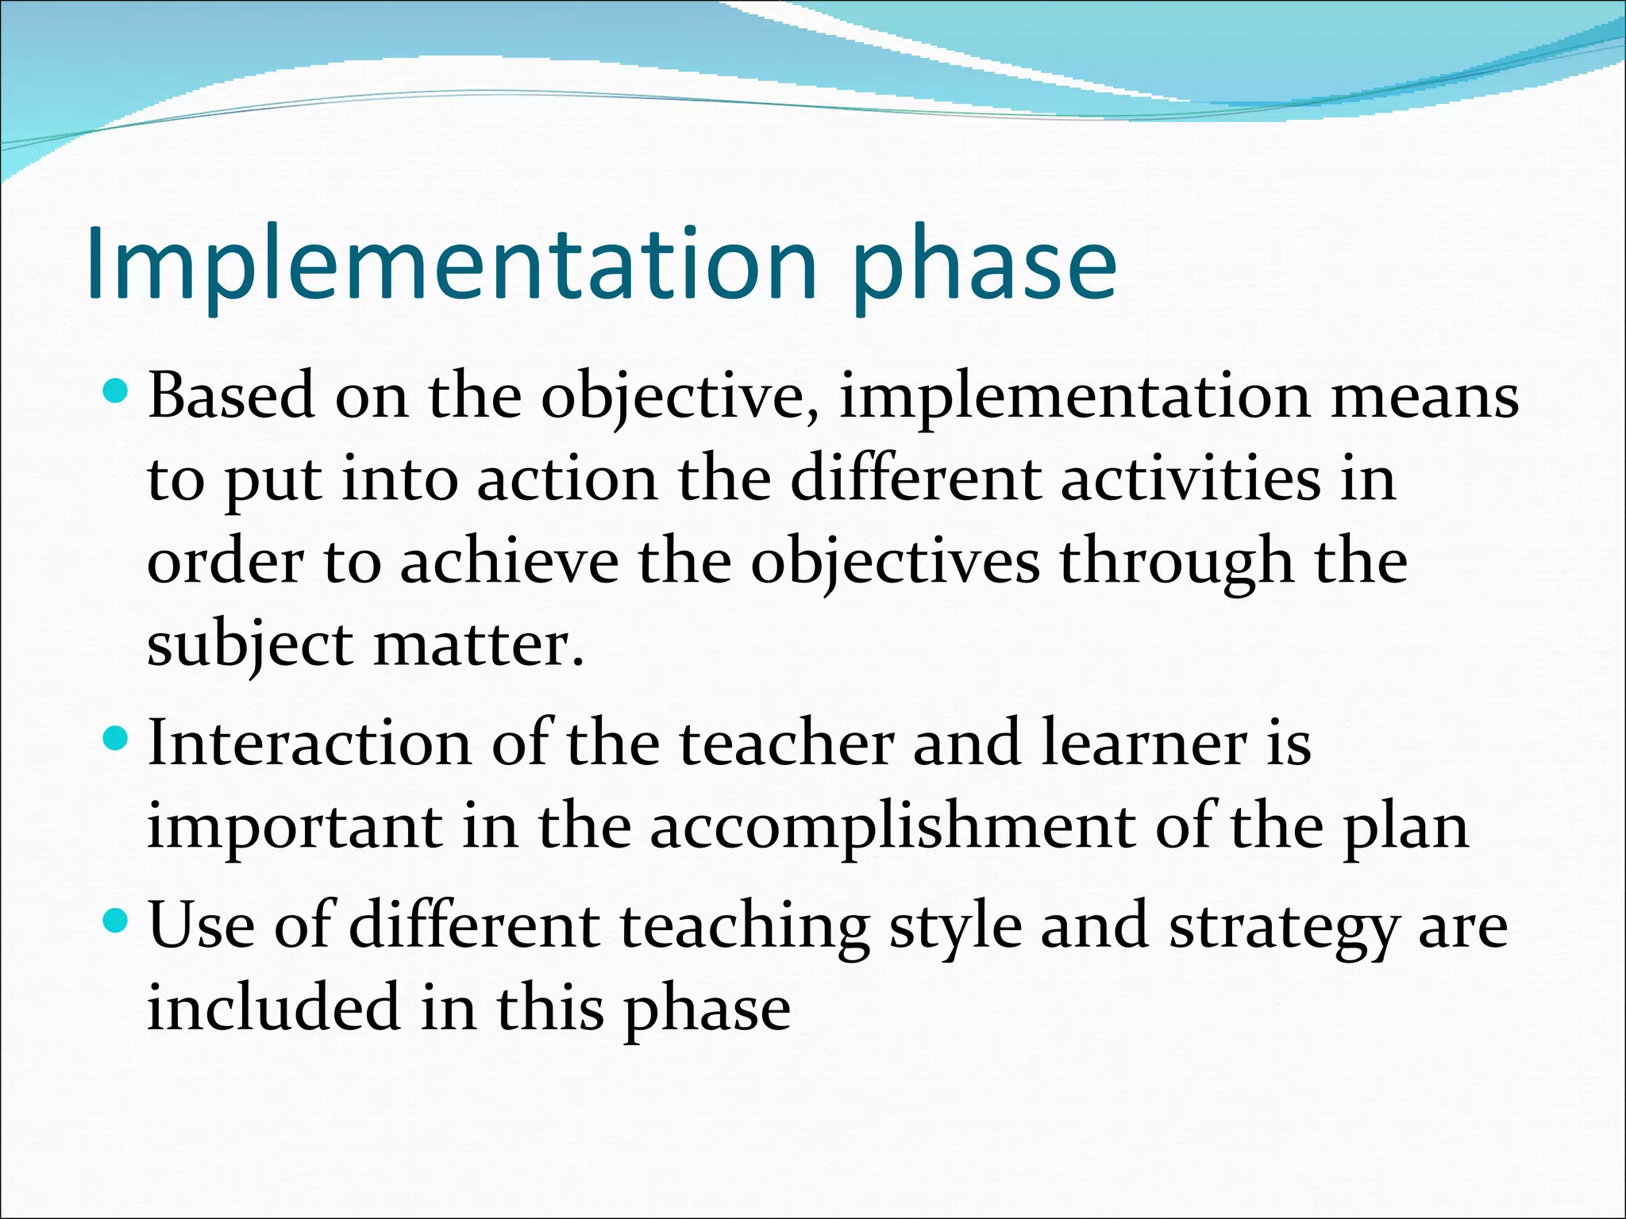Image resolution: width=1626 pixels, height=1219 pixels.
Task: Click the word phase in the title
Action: [x=984, y=270]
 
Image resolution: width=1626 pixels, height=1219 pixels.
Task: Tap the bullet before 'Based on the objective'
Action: [x=116, y=390]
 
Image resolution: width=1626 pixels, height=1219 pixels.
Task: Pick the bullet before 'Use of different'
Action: [x=116, y=921]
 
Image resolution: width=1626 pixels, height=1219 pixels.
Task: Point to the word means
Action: [x=1424, y=397]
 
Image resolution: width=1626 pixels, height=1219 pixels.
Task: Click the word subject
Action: [x=250, y=647]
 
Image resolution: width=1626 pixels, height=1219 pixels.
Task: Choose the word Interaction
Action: [x=310, y=743]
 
